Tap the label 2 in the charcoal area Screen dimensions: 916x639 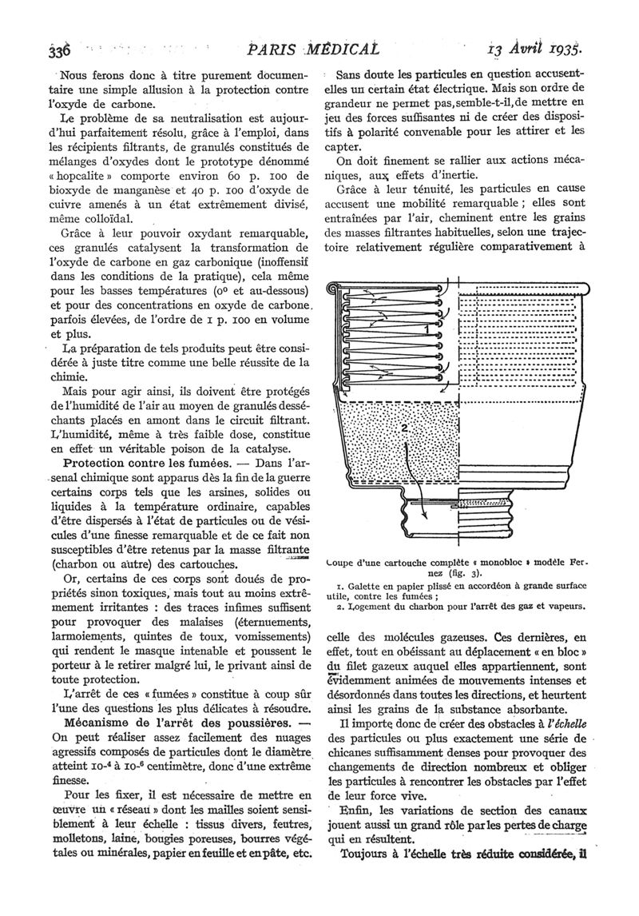pos(405,428)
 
